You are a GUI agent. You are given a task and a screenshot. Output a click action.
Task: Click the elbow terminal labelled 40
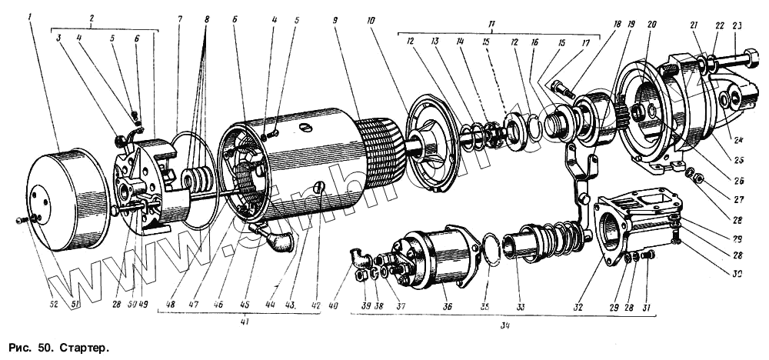tap(358, 255)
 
